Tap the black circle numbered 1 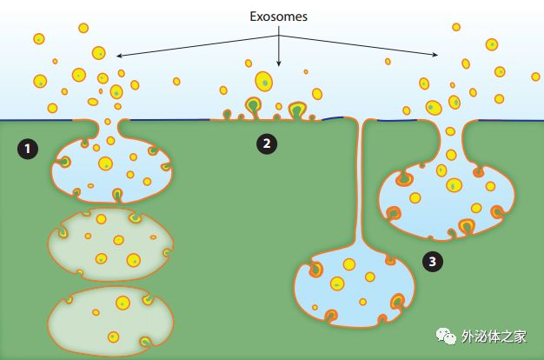[29, 149]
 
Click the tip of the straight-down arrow [278, 66]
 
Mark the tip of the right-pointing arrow [439, 56]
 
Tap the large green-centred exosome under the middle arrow [263, 82]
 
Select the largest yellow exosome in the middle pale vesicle [134, 259]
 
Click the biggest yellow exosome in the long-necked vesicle [348, 264]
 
